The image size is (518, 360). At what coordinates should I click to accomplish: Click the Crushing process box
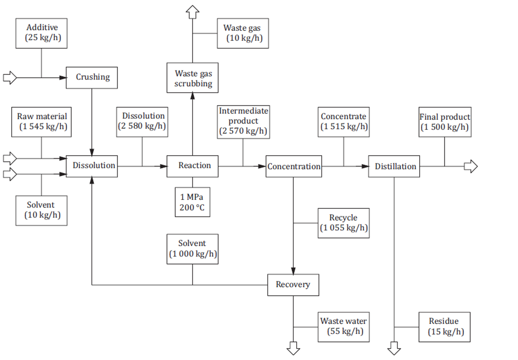(92, 78)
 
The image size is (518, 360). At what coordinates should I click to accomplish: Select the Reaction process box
(192, 166)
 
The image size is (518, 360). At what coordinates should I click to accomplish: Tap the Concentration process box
(293, 166)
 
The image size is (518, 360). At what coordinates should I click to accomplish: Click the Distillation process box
(394, 166)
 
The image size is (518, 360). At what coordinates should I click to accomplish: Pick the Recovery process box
(293, 285)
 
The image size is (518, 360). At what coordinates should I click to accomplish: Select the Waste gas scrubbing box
(192, 78)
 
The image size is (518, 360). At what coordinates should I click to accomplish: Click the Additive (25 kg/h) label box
(41, 33)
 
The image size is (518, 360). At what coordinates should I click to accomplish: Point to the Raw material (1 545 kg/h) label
(41, 122)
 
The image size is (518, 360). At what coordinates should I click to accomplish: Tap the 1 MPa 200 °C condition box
(192, 202)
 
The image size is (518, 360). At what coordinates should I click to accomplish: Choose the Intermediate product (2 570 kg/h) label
(243, 122)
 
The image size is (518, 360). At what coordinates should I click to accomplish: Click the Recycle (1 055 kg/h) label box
(344, 223)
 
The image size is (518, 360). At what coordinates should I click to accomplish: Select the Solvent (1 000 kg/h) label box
(192, 249)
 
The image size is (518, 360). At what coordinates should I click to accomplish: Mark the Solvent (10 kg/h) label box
(41, 211)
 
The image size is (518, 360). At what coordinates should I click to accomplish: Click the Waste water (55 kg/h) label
(344, 327)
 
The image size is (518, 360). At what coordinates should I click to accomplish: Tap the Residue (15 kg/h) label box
(444, 327)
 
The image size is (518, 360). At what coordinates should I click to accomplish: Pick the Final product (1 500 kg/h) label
(444, 122)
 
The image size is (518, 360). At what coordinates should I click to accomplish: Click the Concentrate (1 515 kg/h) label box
(344, 122)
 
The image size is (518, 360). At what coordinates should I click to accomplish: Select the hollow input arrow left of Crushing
(10, 78)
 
